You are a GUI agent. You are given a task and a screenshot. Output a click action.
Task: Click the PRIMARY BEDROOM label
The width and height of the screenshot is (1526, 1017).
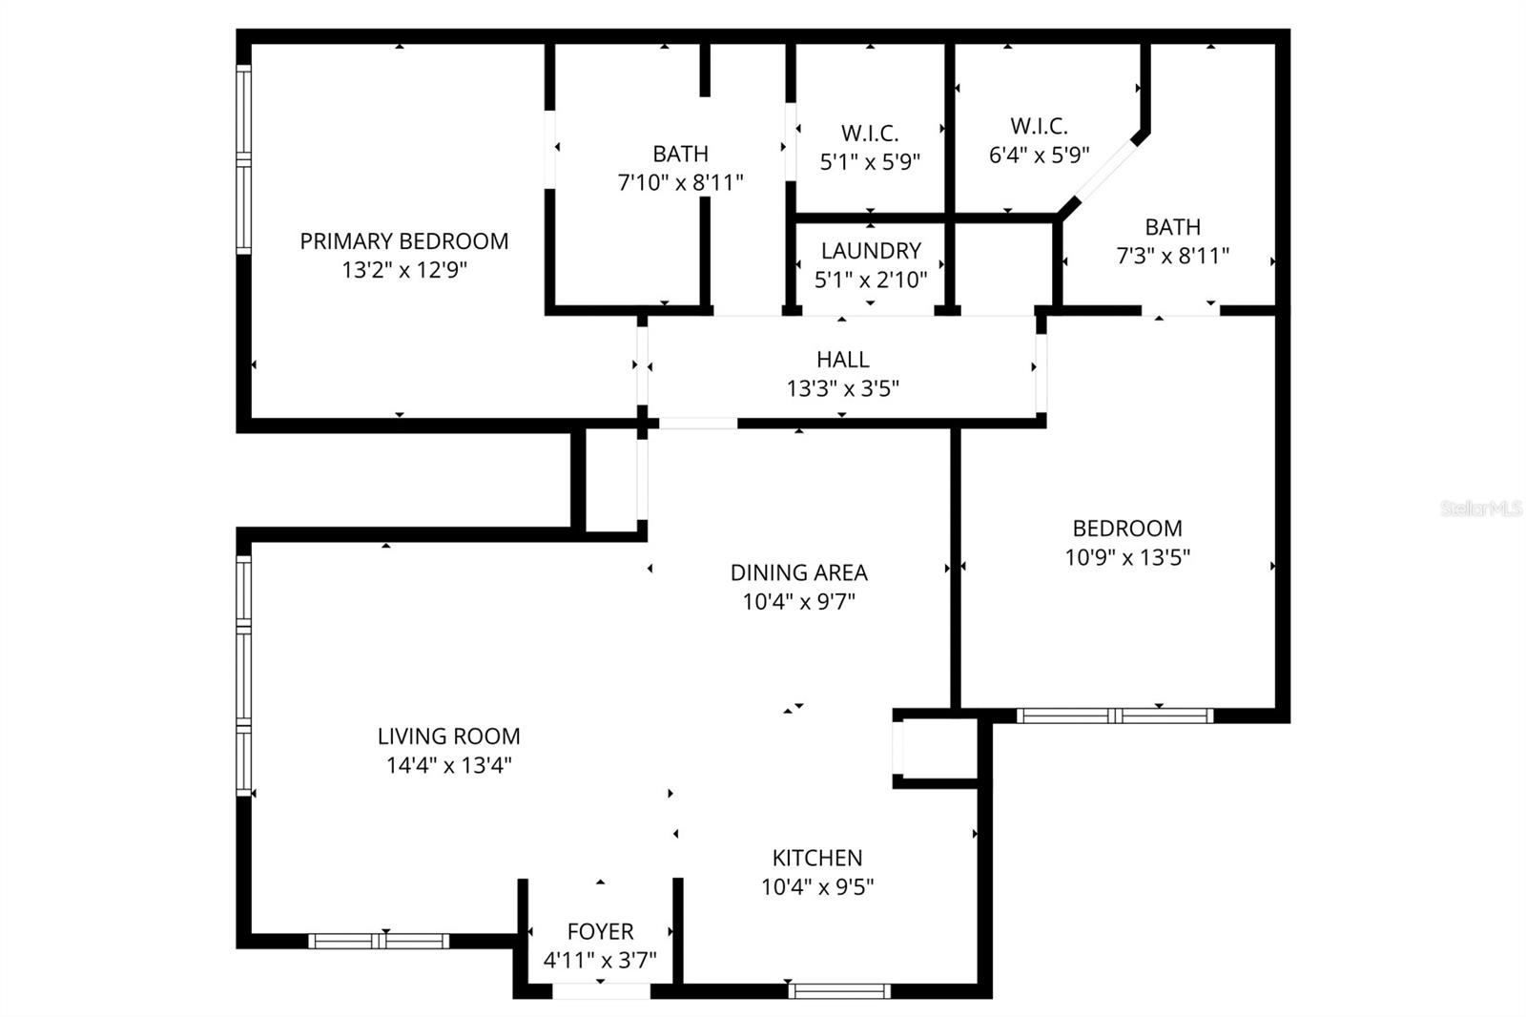[403, 241]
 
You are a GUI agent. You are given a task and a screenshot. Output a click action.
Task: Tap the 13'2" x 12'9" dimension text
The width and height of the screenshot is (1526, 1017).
[403, 270]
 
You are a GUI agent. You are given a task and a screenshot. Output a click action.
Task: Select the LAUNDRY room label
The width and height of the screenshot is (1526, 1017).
[871, 251]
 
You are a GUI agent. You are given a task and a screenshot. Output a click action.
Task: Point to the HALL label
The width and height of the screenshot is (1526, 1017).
[842, 360]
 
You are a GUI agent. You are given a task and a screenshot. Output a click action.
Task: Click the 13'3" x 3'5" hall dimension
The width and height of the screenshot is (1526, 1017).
[842, 388]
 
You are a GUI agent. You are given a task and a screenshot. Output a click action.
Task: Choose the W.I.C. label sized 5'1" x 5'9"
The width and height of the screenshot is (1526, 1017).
[870, 133]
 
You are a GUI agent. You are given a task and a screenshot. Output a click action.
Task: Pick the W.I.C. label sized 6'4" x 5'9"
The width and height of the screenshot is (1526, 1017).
[1039, 126]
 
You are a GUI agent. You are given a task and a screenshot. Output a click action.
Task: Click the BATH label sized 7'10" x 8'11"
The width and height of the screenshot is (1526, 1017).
[680, 154]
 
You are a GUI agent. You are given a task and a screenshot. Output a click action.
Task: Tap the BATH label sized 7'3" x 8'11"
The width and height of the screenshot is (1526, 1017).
[1172, 227]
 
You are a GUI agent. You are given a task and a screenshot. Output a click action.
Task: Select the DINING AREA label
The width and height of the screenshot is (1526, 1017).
[798, 572]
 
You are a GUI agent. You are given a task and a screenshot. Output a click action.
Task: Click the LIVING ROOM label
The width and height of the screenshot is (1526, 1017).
[448, 737]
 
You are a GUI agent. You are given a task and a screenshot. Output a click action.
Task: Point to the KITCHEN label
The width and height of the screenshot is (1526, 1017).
[817, 858]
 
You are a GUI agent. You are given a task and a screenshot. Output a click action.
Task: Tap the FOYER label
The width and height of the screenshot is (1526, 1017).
[600, 931]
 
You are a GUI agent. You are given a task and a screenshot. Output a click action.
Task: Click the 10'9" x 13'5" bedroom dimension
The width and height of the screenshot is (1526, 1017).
[1127, 557]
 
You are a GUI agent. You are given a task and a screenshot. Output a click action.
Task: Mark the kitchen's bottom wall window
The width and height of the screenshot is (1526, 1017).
[839, 991]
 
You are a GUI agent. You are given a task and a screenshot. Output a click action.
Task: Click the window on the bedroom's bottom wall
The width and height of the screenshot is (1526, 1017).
[1114, 716]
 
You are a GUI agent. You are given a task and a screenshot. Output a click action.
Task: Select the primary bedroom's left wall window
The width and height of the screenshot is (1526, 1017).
[244, 159]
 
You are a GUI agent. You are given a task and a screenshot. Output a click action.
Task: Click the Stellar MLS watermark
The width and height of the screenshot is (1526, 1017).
[1481, 509]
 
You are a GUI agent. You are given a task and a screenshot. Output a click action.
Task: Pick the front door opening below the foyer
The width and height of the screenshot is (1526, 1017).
[601, 991]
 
